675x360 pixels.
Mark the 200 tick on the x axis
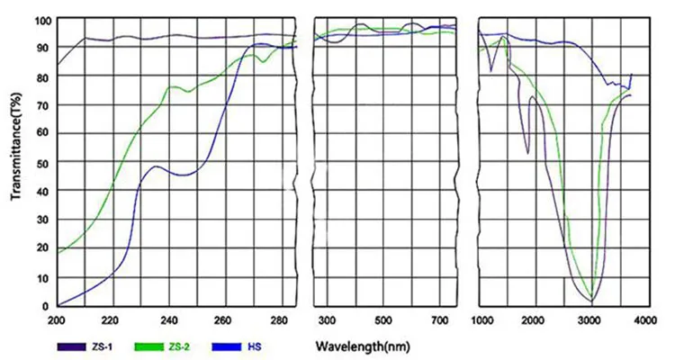click(x=58, y=319)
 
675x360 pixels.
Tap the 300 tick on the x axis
click(x=328, y=319)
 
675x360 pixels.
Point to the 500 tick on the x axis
click(x=384, y=319)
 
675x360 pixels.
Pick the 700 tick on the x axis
click(x=441, y=319)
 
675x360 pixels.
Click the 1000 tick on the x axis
click(x=482, y=319)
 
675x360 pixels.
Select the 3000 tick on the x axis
click(x=591, y=319)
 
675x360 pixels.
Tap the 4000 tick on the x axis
click(x=645, y=319)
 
